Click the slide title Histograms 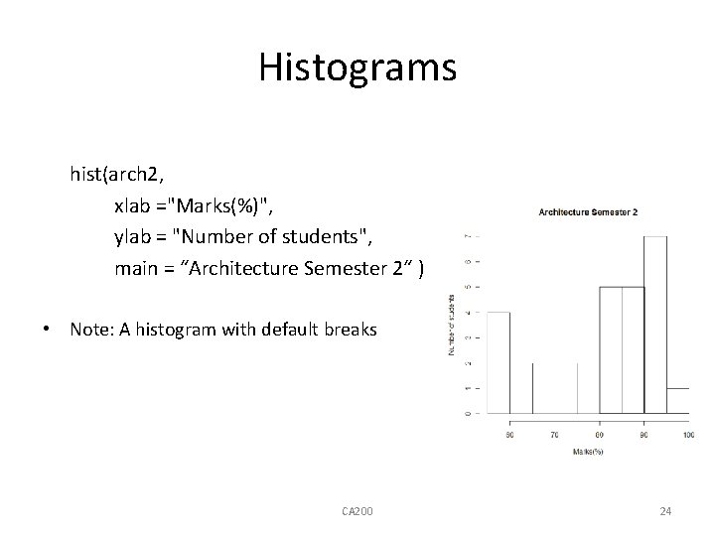coord(357,67)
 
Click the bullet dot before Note coord(48,329)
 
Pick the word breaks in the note coord(349,329)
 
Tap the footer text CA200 coord(357,511)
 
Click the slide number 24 coord(665,511)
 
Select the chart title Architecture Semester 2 coord(588,211)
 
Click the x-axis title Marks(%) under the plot coord(588,453)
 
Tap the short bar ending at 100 coord(677,400)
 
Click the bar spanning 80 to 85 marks coord(611,349)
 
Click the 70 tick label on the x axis coord(555,434)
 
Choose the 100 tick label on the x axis coord(688,434)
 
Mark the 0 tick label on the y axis coord(467,412)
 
